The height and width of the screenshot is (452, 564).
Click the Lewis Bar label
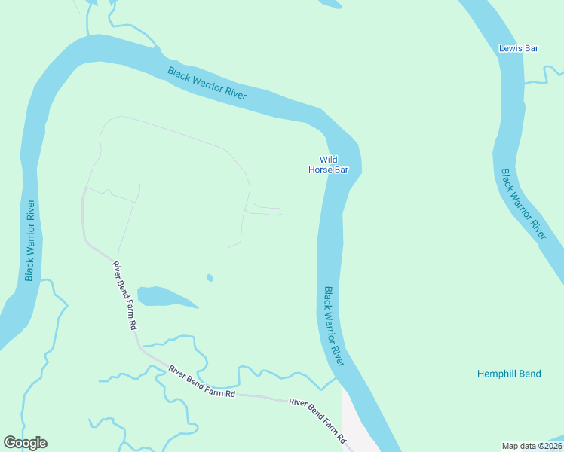tap(519, 48)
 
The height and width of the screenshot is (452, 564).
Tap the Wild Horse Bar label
tap(328, 164)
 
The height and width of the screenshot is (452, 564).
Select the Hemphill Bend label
tap(509, 374)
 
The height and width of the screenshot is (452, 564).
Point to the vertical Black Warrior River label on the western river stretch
tap(30, 240)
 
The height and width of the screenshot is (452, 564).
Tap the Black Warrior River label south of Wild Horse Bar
tap(334, 326)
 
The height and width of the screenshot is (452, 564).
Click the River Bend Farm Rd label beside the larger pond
tap(124, 295)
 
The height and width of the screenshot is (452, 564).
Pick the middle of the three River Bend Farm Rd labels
tap(202, 382)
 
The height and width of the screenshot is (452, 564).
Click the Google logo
tap(25, 443)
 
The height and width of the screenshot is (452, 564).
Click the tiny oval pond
tap(210, 278)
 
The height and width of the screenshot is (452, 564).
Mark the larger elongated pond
tap(163, 297)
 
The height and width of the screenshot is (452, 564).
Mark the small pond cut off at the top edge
tap(330, 3)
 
